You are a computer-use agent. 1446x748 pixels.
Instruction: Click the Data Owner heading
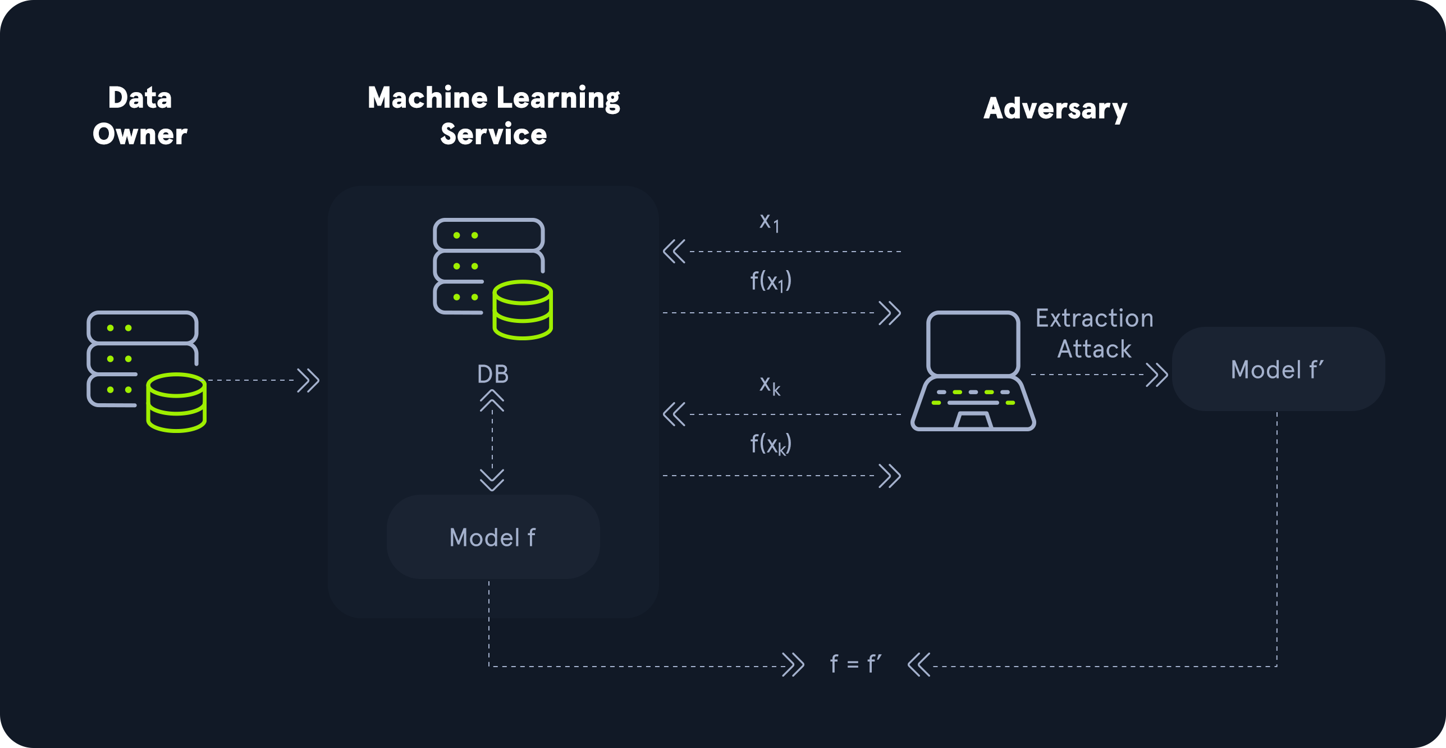(140, 116)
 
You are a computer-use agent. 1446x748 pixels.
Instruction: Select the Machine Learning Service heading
(493, 116)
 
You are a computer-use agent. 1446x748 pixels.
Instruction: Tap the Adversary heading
(1055, 108)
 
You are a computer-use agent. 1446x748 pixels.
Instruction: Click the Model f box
(493, 537)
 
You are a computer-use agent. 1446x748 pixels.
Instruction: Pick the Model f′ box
(1278, 370)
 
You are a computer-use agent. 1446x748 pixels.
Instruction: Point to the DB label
(492, 374)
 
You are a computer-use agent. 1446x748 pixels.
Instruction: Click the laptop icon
(973, 371)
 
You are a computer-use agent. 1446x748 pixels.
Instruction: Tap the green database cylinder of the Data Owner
(176, 402)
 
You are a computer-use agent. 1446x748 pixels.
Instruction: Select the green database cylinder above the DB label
(523, 310)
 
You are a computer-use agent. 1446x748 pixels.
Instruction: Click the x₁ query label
(769, 222)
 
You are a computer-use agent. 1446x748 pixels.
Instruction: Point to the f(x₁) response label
(771, 281)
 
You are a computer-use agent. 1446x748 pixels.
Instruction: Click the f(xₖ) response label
(771, 444)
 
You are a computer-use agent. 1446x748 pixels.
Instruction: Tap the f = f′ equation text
(855, 664)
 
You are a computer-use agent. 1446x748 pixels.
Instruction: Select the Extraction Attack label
(1094, 334)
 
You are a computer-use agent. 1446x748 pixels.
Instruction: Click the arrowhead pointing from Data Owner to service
(308, 380)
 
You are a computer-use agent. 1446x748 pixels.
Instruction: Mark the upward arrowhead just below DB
(492, 401)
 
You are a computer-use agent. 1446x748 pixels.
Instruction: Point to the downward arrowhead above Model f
(492, 480)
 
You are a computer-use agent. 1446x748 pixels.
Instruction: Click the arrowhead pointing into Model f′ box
(1157, 375)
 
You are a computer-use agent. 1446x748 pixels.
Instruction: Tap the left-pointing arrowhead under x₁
(674, 252)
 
